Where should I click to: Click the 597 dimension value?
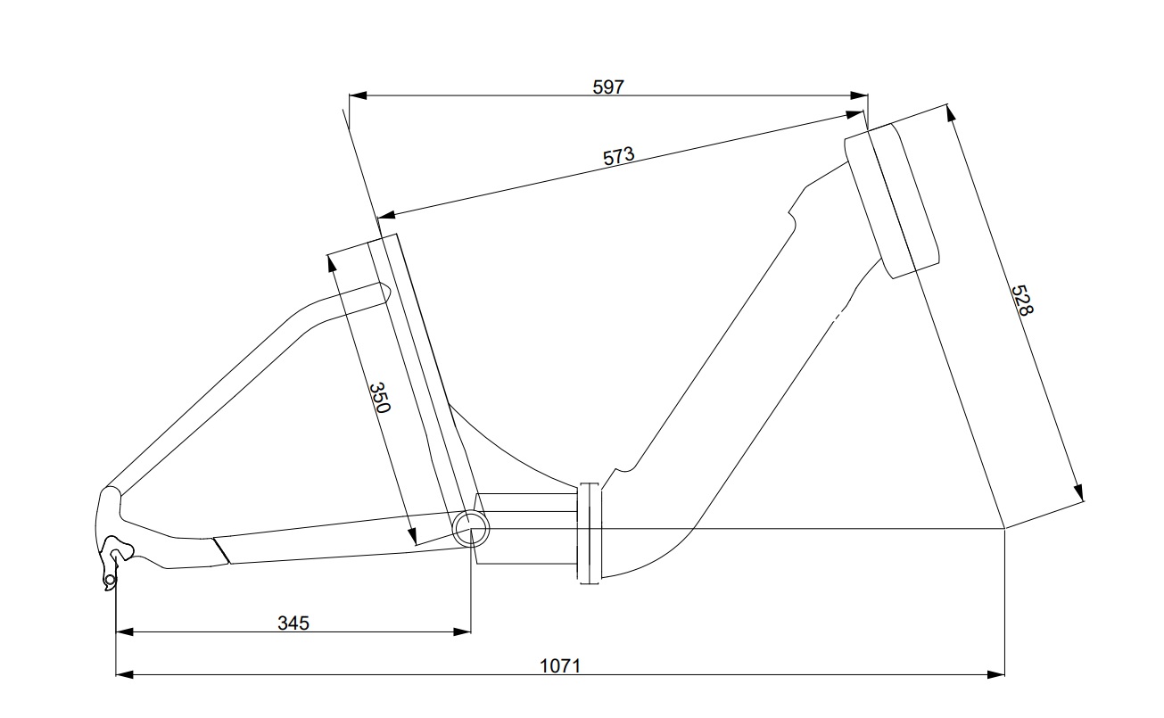point(608,87)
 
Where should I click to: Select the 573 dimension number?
point(619,156)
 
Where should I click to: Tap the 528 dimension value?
point(1022,301)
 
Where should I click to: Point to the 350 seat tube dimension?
point(379,398)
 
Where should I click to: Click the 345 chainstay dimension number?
point(293,623)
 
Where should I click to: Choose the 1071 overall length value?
point(559,666)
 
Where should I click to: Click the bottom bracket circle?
point(471,528)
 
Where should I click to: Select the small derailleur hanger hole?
point(110,579)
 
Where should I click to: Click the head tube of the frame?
point(892,200)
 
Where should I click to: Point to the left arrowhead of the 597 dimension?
point(358,95)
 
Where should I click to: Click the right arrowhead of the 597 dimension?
point(859,95)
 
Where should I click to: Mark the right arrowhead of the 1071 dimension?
point(995,674)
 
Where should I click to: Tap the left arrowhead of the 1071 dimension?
point(125,674)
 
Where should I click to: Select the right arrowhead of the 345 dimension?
point(462,631)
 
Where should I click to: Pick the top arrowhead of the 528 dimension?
point(951,113)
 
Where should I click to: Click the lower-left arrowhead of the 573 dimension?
point(386,214)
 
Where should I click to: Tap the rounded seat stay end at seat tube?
point(384,293)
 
